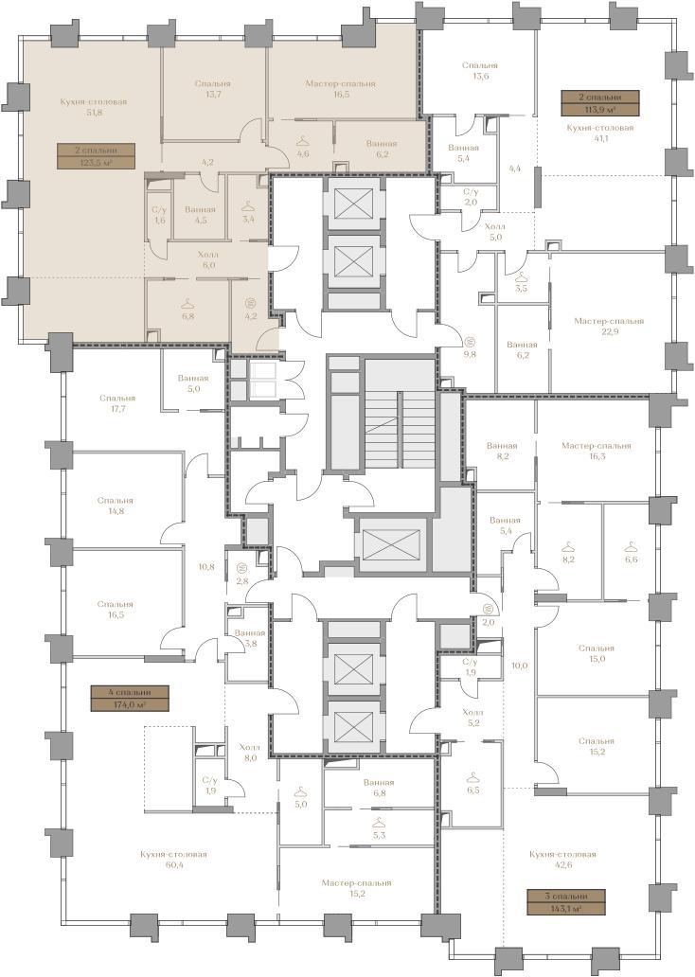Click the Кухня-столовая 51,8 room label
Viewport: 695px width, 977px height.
(x=94, y=107)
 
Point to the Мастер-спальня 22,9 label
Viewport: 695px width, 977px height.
(x=609, y=327)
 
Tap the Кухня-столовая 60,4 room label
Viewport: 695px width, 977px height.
(x=173, y=860)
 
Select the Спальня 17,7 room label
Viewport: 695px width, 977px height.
(x=117, y=403)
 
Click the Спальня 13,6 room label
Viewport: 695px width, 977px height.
(x=480, y=70)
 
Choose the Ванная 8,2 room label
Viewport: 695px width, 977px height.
(x=503, y=452)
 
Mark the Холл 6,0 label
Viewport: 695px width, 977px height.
(x=207, y=259)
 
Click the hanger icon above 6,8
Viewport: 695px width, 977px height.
(x=187, y=304)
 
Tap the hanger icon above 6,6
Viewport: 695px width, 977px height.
(x=631, y=546)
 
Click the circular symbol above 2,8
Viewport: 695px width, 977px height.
(x=242, y=568)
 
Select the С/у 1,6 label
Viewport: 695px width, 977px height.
(x=160, y=215)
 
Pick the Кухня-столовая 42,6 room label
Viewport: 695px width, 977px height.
(x=562, y=860)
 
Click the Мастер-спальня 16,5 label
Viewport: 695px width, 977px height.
(x=340, y=88)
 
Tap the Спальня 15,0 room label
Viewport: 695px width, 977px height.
(x=596, y=653)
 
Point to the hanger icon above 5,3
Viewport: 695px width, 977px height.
(x=379, y=823)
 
